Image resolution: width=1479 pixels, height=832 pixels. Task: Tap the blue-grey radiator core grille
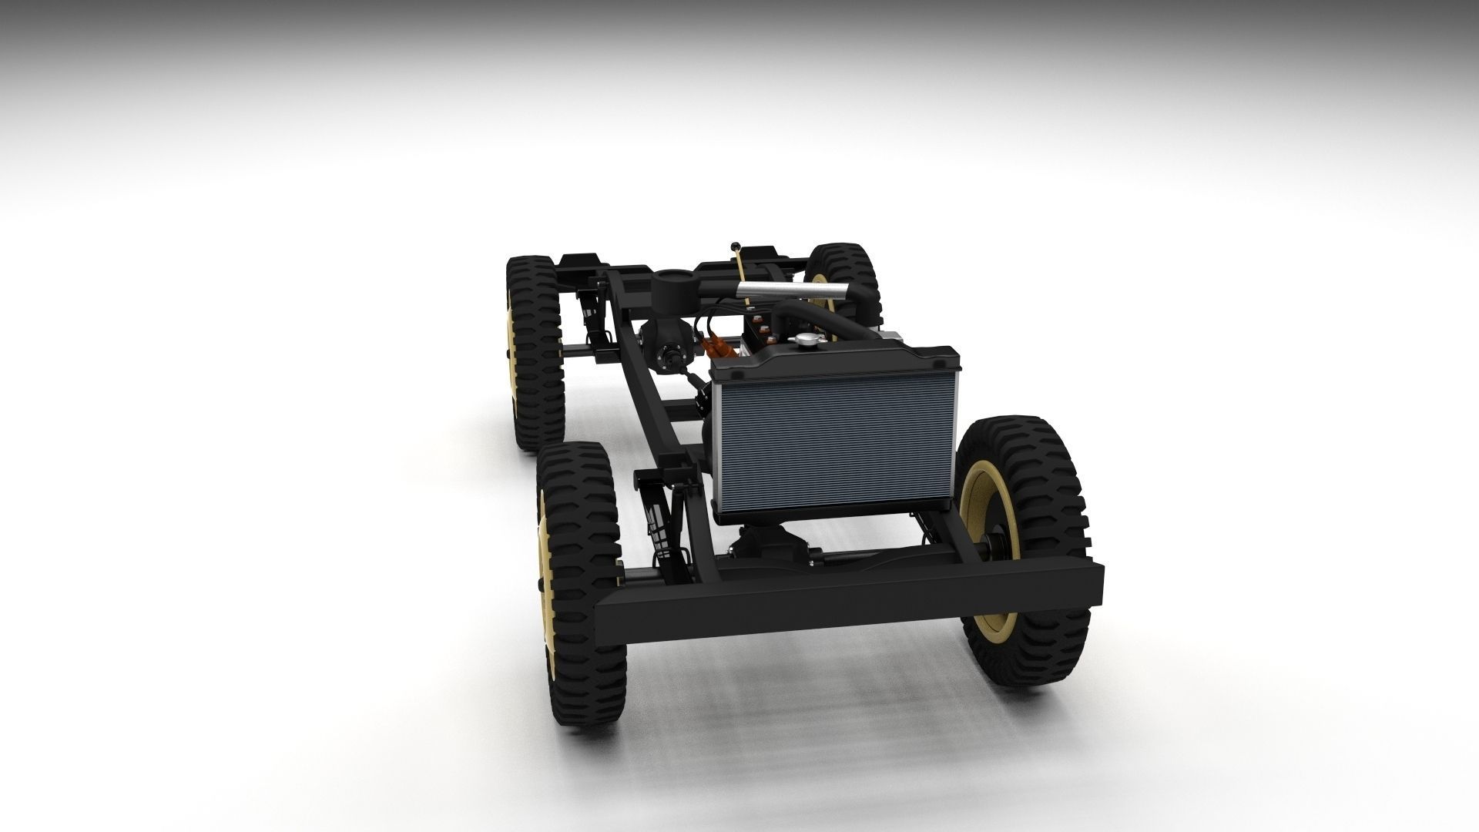tap(836, 447)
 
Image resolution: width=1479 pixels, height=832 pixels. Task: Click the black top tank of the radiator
tap(836, 364)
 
